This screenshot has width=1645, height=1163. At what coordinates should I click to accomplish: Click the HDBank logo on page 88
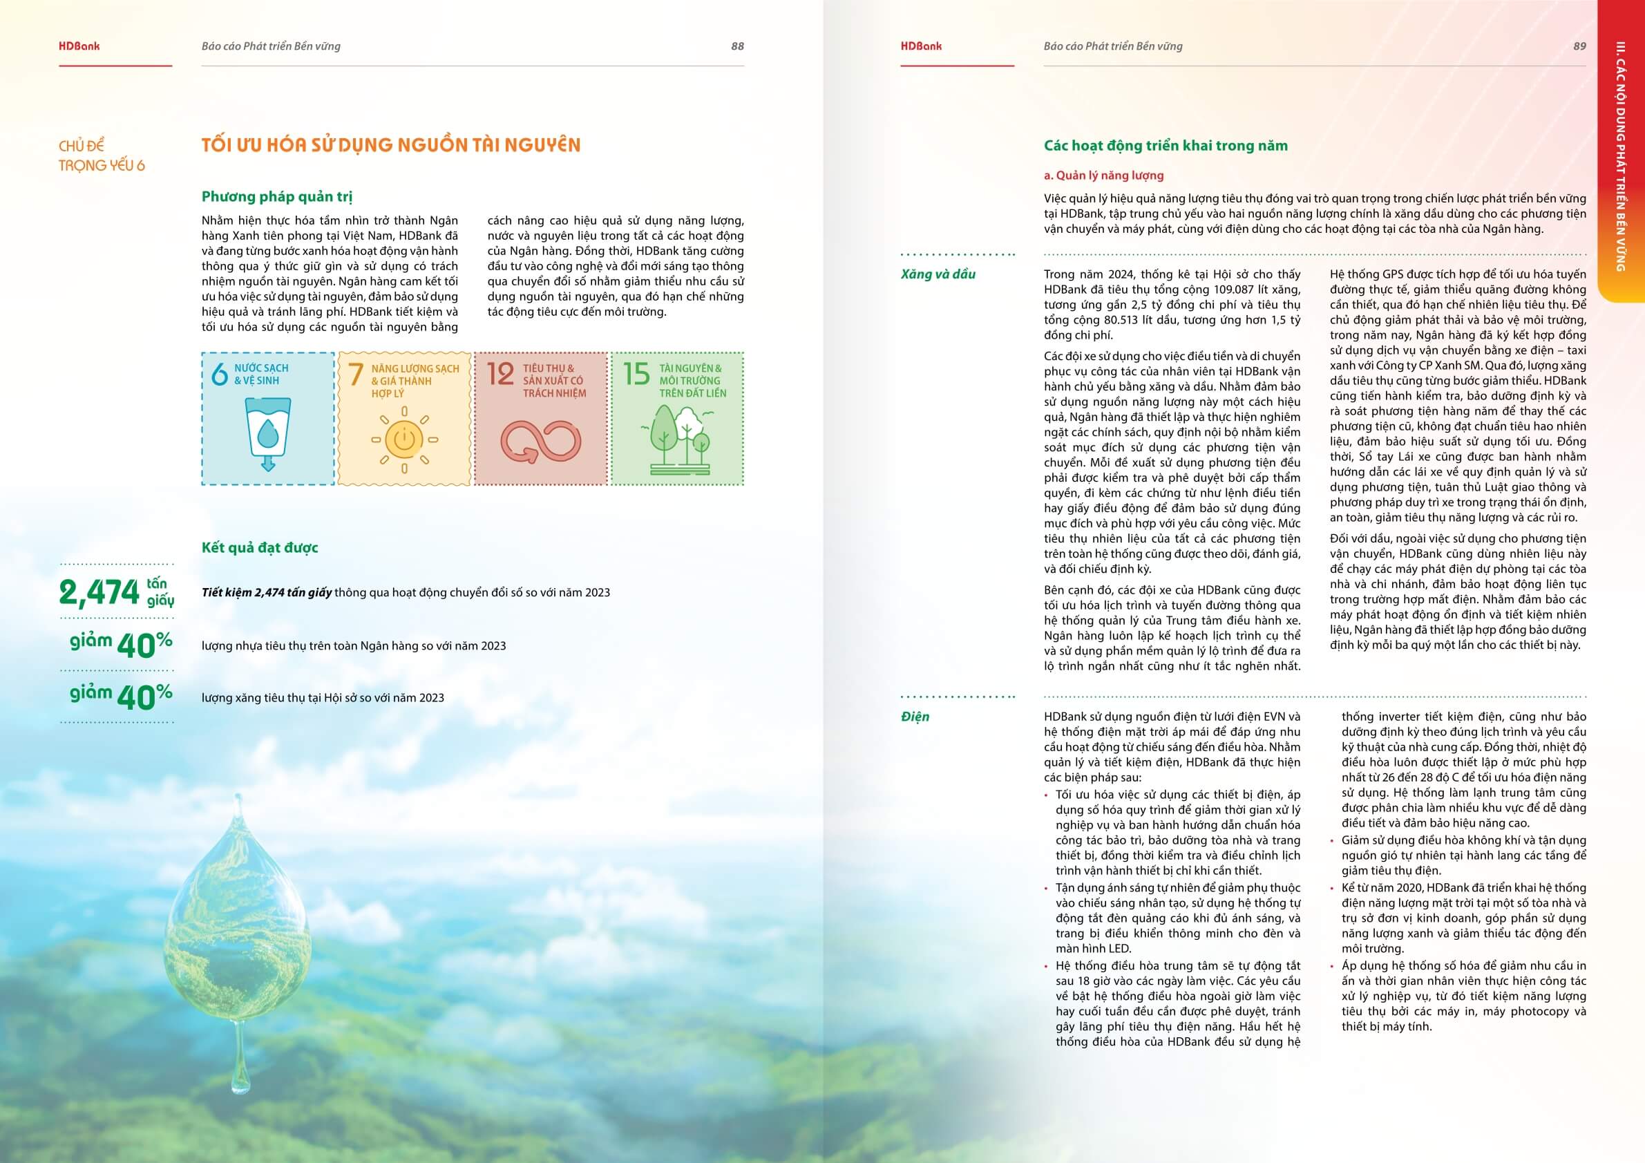pyautogui.click(x=79, y=46)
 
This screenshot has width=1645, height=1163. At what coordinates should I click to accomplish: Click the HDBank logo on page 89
pyautogui.click(x=922, y=46)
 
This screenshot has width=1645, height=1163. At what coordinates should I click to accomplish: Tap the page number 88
pyautogui.click(x=737, y=46)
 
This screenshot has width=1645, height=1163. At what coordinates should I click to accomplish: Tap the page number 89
pyautogui.click(x=1579, y=46)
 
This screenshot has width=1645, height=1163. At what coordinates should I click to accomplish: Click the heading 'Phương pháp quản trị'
pyautogui.click(x=276, y=196)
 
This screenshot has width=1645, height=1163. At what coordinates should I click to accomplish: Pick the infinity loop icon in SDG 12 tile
pyautogui.click(x=540, y=440)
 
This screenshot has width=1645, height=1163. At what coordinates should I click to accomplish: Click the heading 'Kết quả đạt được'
pyautogui.click(x=259, y=547)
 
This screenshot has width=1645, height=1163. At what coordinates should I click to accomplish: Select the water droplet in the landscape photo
pyautogui.click(x=238, y=925)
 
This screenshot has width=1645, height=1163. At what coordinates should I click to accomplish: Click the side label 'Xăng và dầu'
pyautogui.click(x=938, y=274)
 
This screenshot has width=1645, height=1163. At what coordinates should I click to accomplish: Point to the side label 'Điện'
pyautogui.click(x=915, y=716)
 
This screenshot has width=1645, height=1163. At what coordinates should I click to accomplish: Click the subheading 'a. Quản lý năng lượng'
pyautogui.click(x=1103, y=175)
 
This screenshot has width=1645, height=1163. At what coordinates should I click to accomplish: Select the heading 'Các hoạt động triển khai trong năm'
pyautogui.click(x=1165, y=146)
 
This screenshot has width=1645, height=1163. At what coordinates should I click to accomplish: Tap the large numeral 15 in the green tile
pyautogui.click(x=636, y=373)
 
